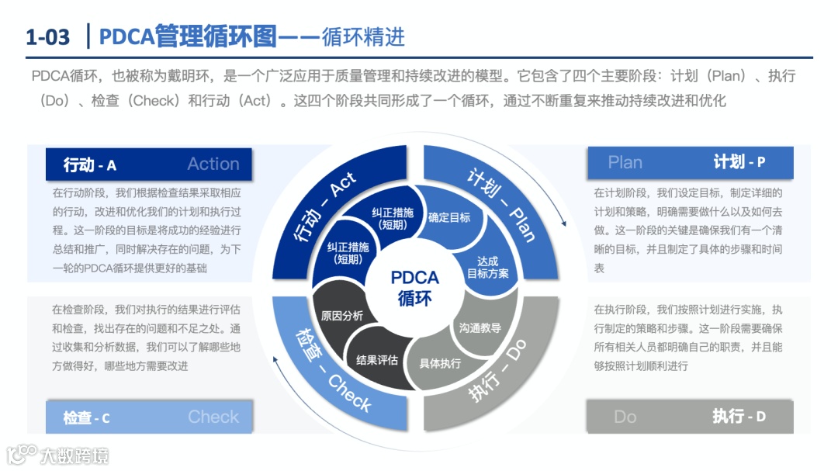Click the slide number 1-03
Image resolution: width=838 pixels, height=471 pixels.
point(48,36)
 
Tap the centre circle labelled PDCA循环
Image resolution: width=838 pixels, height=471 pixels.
point(414,287)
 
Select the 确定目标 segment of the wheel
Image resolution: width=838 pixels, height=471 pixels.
point(449,217)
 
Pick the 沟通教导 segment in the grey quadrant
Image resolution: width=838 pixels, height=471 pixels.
point(480,327)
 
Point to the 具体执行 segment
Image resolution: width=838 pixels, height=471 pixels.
point(440,362)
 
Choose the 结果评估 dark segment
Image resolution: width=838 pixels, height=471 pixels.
point(377,359)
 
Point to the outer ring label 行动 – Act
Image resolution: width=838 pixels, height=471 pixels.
point(326,206)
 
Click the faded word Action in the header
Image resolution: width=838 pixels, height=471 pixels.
point(213,164)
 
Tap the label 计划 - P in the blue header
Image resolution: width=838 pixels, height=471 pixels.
point(739,162)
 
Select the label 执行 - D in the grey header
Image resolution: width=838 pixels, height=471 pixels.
point(739,416)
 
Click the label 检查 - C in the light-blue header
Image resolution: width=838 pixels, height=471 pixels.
point(86,418)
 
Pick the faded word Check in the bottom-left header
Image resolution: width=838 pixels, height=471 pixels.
point(213,417)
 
